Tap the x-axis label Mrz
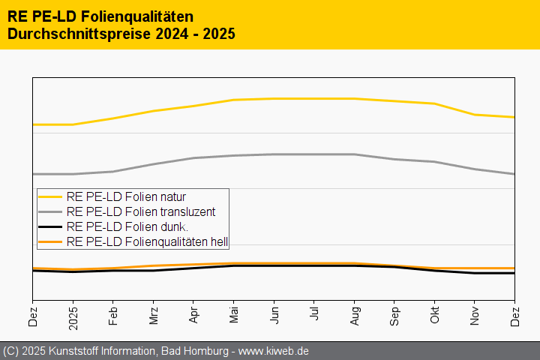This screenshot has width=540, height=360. (x=154, y=316)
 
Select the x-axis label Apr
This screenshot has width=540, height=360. (x=194, y=316)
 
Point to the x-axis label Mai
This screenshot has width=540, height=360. (x=234, y=316)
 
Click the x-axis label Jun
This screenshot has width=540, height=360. (x=274, y=316)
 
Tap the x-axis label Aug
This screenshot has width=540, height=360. (x=355, y=316)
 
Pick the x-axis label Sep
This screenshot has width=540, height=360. (x=394, y=316)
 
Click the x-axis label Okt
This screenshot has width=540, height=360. (x=435, y=316)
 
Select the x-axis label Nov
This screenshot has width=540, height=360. (x=475, y=316)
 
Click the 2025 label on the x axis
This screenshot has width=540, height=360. (x=73, y=319)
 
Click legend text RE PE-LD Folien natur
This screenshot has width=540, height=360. (x=126, y=197)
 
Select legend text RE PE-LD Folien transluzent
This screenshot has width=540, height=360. (x=141, y=212)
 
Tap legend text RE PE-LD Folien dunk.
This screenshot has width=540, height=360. (x=127, y=226)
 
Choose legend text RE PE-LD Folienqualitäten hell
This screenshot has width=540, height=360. (x=147, y=241)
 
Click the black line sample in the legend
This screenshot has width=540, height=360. (x=50, y=226)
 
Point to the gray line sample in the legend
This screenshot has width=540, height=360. (x=50, y=212)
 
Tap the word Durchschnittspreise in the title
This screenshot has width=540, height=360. (x=78, y=34)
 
